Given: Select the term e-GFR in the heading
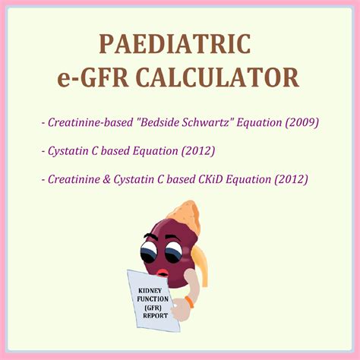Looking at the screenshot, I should pos(99,77).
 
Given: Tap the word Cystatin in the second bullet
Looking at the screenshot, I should pos(71,150).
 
